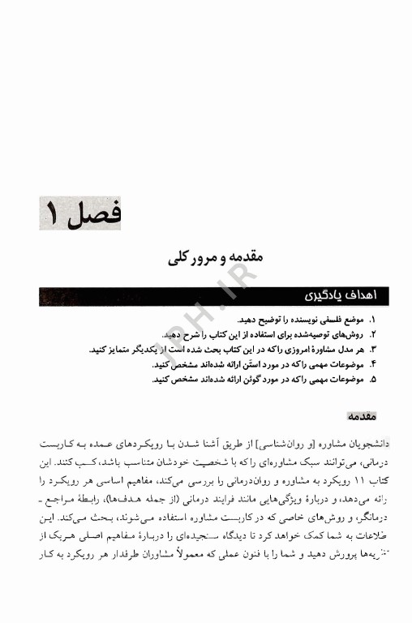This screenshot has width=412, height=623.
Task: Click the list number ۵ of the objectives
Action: tap(373, 379)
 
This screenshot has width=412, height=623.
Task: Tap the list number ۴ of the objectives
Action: tap(373, 364)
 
